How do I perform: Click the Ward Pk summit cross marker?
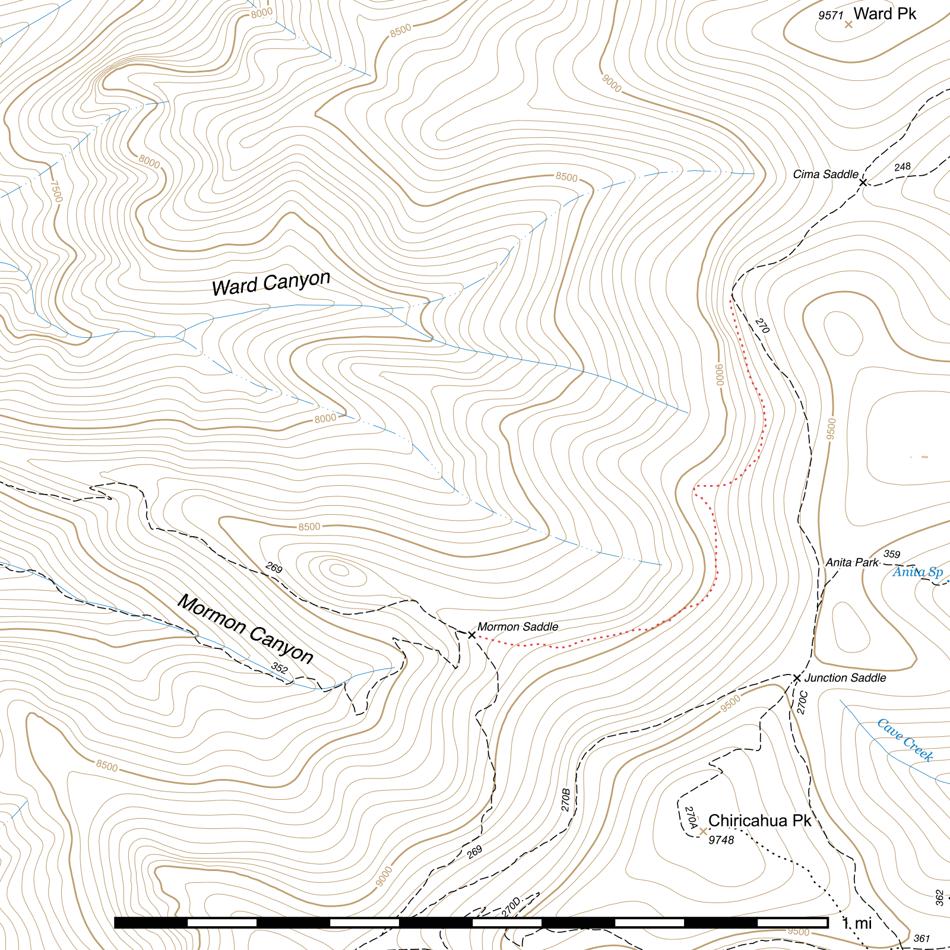(x=848, y=24)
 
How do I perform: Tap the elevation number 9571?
(x=830, y=15)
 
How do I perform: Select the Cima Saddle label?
(x=825, y=174)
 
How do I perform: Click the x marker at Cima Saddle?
(x=863, y=182)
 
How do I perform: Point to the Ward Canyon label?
(x=271, y=283)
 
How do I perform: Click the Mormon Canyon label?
(x=245, y=629)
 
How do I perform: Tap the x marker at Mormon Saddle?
(x=472, y=635)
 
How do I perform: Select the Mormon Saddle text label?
(x=518, y=626)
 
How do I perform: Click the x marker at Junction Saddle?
(x=797, y=677)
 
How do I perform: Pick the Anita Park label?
(x=851, y=562)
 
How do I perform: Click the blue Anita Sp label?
(x=917, y=572)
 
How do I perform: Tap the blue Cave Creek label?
(x=905, y=740)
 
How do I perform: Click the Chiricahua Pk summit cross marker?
(x=704, y=831)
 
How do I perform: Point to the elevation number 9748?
(x=721, y=840)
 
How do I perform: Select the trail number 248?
(x=902, y=167)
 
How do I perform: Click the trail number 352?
(x=280, y=668)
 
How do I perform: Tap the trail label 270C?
(x=802, y=702)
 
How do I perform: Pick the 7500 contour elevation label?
(x=55, y=191)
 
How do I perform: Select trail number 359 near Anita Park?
(x=891, y=554)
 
